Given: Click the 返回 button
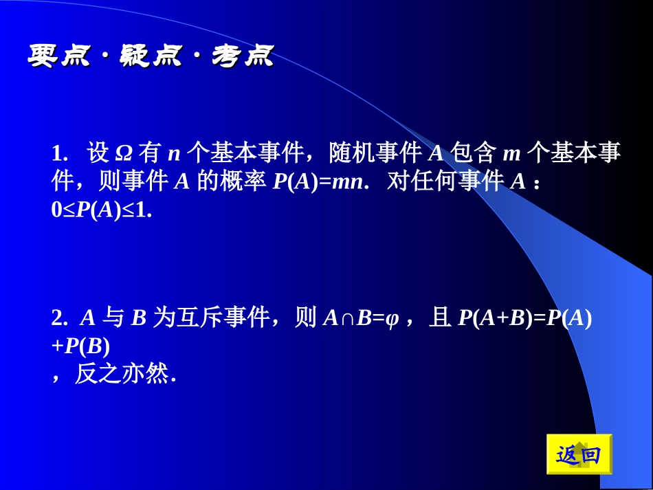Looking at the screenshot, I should pyautogui.click(x=578, y=454).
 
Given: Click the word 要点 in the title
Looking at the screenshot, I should pyautogui.click(x=59, y=57).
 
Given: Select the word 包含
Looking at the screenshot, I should pyautogui.click(x=474, y=153).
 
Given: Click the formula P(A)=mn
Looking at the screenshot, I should pyautogui.click(x=320, y=181).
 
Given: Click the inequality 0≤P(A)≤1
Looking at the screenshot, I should pyautogui.click(x=101, y=211).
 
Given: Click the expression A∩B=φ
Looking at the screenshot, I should pyautogui.click(x=360, y=318).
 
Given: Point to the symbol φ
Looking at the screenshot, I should pyautogui.click(x=392, y=319).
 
